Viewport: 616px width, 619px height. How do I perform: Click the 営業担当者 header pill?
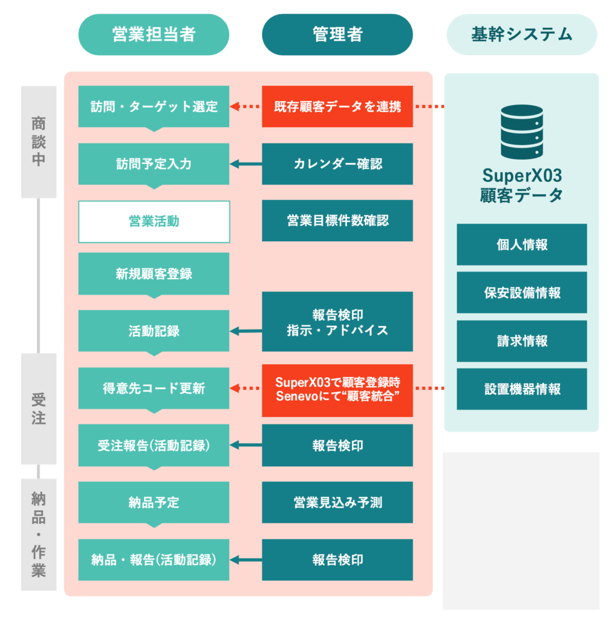(x=154, y=34)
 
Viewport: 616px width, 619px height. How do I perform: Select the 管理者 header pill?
(x=337, y=34)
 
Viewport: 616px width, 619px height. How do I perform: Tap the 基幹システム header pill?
(x=521, y=34)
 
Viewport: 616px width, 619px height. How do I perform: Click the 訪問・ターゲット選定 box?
(x=154, y=106)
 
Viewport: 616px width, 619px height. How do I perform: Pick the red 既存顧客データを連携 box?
(x=337, y=106)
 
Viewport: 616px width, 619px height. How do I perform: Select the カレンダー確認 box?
(x=337, y=164)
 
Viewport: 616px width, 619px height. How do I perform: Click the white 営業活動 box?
(x=154, y=222)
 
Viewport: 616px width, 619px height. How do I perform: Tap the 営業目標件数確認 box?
(x=337, y=221)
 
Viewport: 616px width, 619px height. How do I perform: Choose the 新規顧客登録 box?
(x=154, y=274)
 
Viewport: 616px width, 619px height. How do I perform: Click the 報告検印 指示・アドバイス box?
(x=337, y=322)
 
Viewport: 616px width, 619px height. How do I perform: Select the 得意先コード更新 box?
(x=154, y=389)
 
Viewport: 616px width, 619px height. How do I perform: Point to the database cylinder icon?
(x=521, y=131)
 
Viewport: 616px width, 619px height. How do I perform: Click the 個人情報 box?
(x=521, y=245)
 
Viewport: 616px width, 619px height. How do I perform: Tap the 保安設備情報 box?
(x=521, y=293)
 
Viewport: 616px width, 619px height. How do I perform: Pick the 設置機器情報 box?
(x=521, y=389)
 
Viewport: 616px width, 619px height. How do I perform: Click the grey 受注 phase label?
(x=39, y=409)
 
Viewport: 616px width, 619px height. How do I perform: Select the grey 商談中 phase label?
(x=39, y=141)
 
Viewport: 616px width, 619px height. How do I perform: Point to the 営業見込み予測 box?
(x=337, y=502)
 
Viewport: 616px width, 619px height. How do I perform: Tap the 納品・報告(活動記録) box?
(x=154, y=560)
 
